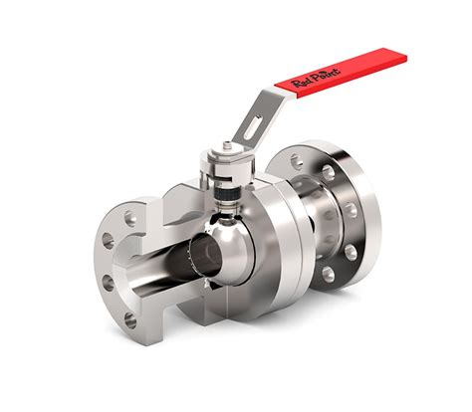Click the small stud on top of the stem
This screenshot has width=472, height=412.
226,149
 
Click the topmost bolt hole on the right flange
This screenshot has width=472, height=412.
328,170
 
